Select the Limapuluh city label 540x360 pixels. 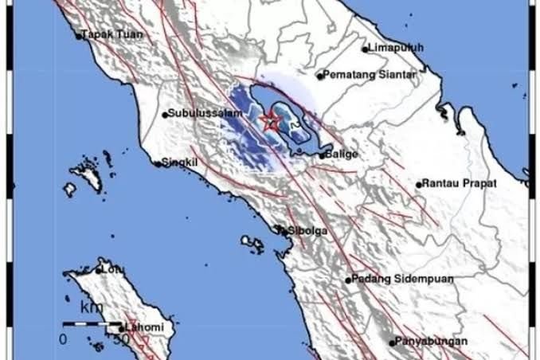[396, 48]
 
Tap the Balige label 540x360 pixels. [341, 154]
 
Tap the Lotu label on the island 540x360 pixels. [113, 269]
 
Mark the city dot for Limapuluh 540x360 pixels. [366, 49]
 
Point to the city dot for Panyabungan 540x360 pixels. [392, 342]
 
